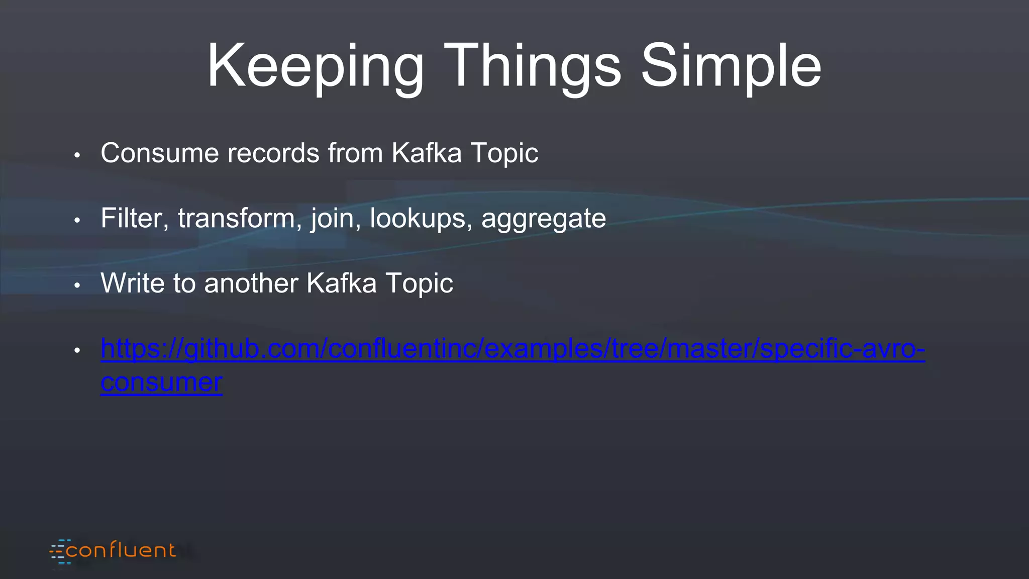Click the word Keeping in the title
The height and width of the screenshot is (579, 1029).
(x=316, y=67)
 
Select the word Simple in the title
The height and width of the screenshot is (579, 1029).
(x=731, y=67)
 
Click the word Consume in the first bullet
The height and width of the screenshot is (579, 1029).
(x=159, y=153)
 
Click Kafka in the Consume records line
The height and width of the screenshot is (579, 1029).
(x=426, y=153)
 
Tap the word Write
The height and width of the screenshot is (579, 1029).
(x=132, y=283)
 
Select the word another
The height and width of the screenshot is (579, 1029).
(x=251, y=283)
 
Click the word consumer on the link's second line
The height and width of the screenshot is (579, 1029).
(x=161, y=383)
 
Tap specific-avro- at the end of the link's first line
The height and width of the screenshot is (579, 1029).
(x=842, y=349)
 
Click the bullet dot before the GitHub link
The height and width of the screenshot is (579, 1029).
(x=77, y=350)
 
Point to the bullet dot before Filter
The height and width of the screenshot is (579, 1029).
(x=77, y=220)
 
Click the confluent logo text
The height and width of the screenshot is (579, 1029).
(x=121, y=551)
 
